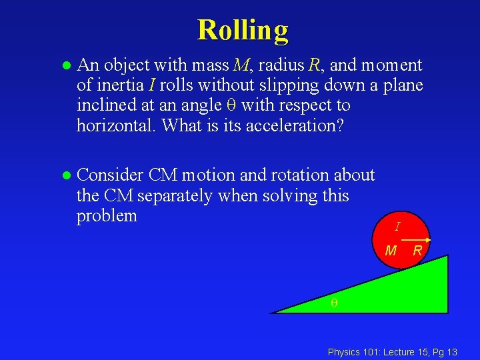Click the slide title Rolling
[x=243, y=31]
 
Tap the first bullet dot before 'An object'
[x=65, y=66]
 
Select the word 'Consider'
[x=110, y=175]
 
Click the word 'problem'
[x=107, y=216]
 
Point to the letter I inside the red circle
[x=397, y=227]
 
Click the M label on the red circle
[x=391, y=251]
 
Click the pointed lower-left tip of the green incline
[x=273, y=311]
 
